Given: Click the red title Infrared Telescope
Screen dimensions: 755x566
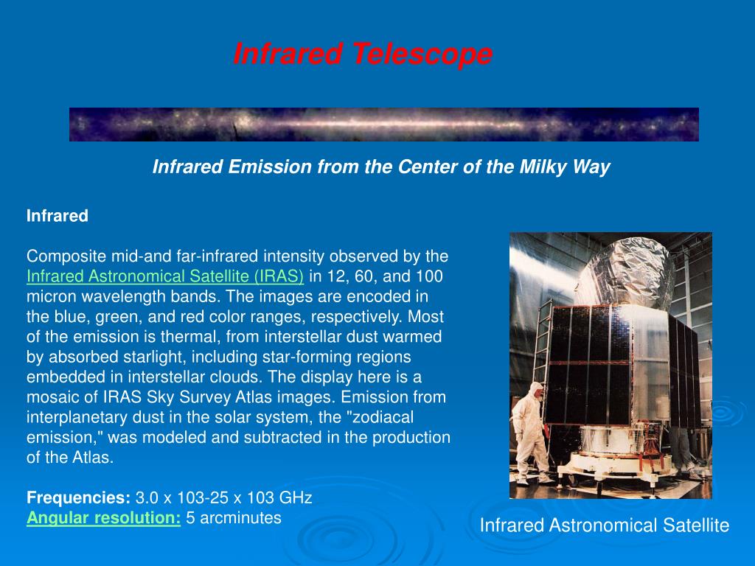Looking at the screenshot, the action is coord(363,54).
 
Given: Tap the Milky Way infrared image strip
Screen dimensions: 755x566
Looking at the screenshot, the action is coord(383,124).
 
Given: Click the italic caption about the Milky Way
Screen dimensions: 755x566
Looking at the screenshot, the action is coord(381,167).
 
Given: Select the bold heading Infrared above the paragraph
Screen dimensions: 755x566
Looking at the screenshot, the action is coord(58,216).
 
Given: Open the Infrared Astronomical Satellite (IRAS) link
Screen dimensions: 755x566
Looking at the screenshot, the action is coord(165,276).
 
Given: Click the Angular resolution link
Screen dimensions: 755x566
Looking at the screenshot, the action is coord(103,518).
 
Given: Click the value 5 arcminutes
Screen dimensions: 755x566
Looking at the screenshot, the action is coord(234,518).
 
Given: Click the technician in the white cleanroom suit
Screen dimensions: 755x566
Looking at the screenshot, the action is coord(532,432).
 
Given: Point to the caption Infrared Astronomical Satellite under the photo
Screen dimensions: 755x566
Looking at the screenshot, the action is coord(605,525).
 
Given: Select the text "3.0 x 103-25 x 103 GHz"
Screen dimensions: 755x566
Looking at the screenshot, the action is coord(224,497).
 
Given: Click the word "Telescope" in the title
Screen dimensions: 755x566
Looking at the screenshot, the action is coord(422,54).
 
